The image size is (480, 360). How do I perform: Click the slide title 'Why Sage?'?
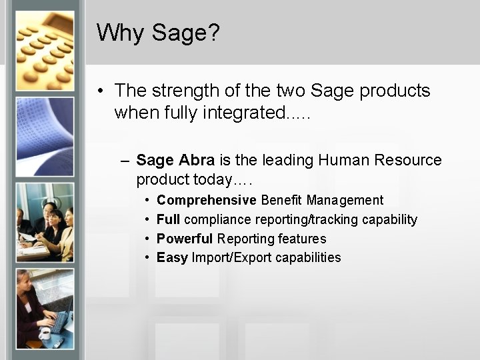coord(157,33)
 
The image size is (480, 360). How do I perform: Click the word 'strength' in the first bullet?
coord(183,91)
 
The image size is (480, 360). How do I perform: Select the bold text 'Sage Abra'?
coord(175,161)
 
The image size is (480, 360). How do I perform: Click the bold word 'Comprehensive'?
coord(206,201)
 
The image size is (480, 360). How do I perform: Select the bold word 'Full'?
coord(169,220)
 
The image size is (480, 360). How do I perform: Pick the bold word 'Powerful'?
coord(185,239)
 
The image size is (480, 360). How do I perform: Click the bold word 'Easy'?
coord(172,258)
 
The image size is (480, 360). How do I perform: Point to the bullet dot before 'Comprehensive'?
coord(147,201)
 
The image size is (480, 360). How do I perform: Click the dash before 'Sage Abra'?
coord(125,161)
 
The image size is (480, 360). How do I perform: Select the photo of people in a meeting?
coord(44,223)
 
